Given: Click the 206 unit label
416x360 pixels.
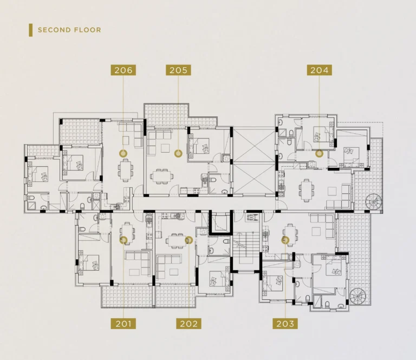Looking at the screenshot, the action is tap(123, 70).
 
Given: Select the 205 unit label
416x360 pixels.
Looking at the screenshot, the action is tap(178, 70).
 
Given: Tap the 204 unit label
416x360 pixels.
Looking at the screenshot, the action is tap(320, 70).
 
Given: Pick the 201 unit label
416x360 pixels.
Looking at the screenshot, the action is tap(123, 324).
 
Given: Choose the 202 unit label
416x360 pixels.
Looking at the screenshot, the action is tap(188, 324).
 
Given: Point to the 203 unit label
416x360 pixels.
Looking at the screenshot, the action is tap(285, 324).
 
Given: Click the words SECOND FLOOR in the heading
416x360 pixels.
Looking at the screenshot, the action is tap(69, 30).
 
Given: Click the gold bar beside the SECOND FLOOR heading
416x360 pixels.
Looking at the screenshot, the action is tap(31, 30).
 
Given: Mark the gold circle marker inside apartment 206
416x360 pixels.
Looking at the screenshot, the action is tap(123, 153).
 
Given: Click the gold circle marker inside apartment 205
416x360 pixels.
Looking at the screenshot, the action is tap(178, 153).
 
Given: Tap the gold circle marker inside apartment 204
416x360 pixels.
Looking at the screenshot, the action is tap(320, 153).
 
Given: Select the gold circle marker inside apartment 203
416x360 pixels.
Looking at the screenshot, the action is tap(285, 240).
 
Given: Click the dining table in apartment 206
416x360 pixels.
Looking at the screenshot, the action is tap(126, 170).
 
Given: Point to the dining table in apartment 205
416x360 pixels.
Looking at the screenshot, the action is tap(162, 176).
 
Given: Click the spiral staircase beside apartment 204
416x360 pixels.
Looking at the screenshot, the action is tap(374, 202).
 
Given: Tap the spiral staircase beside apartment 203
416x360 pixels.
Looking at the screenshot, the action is tap(357, 296).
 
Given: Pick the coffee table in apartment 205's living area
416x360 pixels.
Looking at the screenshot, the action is tap(165, 148).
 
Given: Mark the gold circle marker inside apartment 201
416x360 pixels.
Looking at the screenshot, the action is tap(123, 240).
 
